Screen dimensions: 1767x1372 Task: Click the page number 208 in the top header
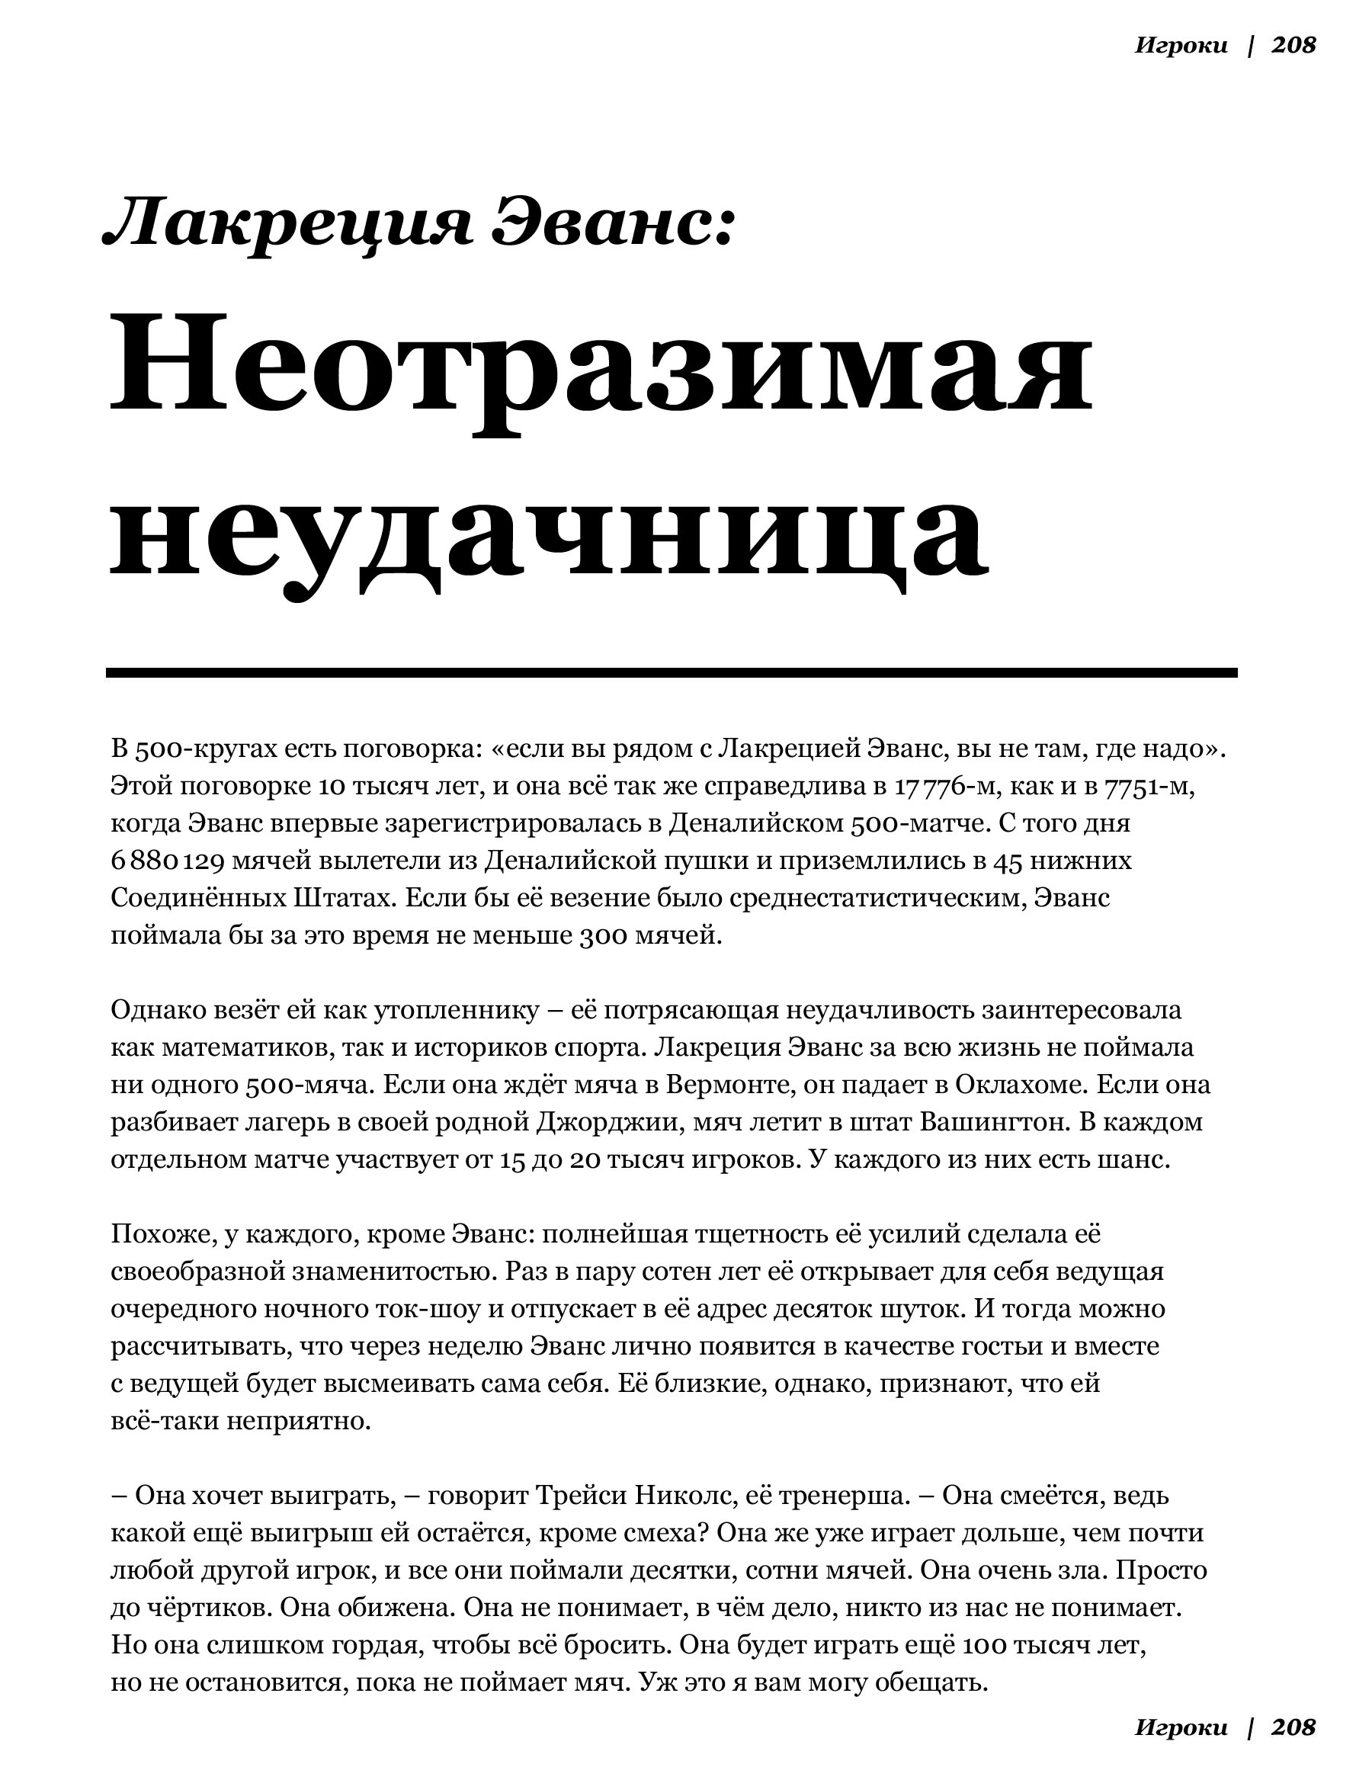coord(1293,45)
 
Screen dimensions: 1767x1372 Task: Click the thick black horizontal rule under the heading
coord(672,672)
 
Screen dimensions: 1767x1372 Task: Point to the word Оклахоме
coord(1019,1084)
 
